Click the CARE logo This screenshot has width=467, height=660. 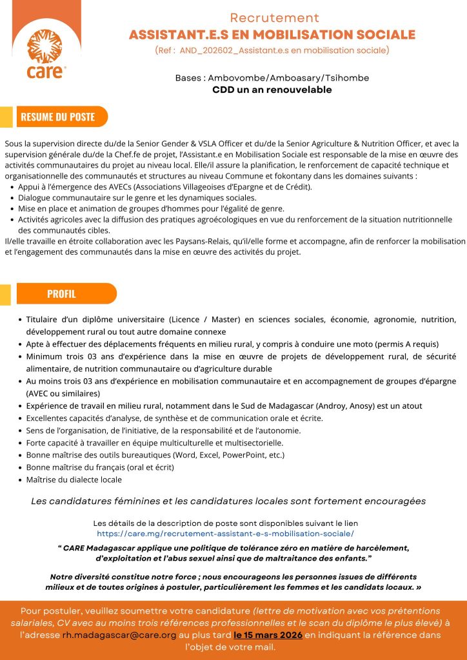point(46,50)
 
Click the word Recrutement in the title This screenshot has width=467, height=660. point(275,17)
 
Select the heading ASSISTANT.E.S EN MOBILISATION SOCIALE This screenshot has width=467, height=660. point(272,35)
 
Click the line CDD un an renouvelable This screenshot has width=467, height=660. point(272,90)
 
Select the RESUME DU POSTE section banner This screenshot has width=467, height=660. point(58,117)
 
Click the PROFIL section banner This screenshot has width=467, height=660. point(61,294)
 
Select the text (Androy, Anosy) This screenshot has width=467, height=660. point(357,405)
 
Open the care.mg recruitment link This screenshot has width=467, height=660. point(225,534)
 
